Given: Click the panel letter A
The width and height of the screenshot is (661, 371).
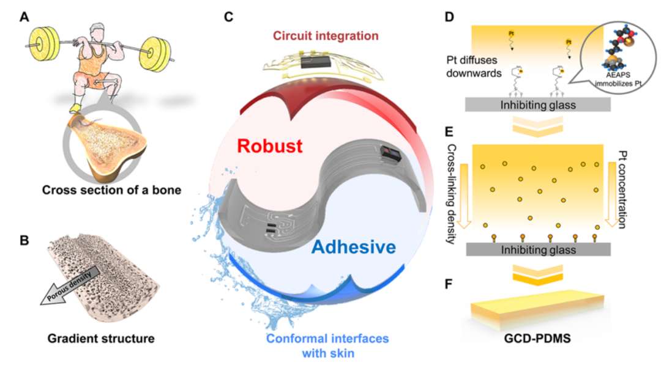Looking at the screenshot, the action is pos(24,17).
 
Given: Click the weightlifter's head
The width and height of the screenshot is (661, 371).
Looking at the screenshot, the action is pos(98,31).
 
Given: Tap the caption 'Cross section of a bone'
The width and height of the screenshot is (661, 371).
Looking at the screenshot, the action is pos(112,190).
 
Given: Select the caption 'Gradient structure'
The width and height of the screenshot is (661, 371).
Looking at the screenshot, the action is pos(101,338).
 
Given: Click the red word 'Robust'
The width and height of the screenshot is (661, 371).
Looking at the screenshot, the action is pos(270,146).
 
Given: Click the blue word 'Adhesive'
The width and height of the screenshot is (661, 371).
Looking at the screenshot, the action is pos(354,247).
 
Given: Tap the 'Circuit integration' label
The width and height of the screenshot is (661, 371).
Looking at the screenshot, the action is pos(326,36).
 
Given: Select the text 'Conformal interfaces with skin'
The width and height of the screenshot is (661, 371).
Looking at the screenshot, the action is pos(327,345).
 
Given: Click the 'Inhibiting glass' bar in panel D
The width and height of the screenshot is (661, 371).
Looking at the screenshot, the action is pos(537,105).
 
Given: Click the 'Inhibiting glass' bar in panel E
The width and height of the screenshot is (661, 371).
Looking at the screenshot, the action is pos(538,250).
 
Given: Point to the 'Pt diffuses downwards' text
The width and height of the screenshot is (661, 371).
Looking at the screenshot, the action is pos(474,67).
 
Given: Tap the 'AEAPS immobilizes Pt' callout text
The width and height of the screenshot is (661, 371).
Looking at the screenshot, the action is pos(619,79).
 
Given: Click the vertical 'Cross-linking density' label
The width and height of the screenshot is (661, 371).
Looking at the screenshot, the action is pos(451,194).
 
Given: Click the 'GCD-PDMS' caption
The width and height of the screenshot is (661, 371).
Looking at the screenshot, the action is pos(537,339).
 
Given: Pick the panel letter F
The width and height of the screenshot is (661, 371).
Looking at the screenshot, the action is pos(449,284).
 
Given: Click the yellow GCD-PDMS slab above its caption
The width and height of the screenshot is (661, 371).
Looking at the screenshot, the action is pos(537,309).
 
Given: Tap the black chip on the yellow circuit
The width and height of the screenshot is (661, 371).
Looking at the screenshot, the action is pos(315,63).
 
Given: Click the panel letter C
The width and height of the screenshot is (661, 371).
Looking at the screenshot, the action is pos(228,17).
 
